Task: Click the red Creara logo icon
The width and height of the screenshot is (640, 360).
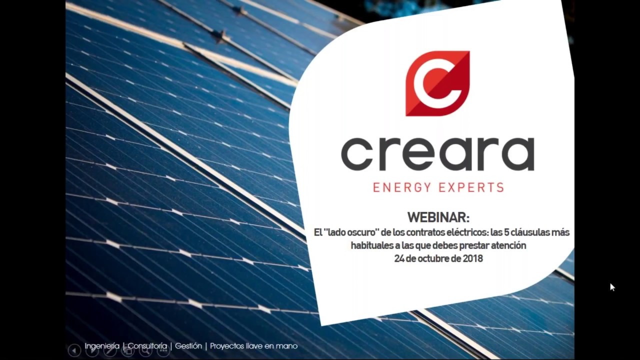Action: pyautogui.click(x=437, y=83)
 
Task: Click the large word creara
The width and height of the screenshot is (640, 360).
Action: pyautogui.click(x=437, y=154)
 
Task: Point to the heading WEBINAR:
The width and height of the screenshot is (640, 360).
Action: pyautogui.click(x=438, y=217)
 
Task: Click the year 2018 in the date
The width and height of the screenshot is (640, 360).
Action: pyautogui.click(x=472, y=258)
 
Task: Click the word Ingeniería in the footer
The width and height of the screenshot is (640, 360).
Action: pyautogui.click(x=102, y=346)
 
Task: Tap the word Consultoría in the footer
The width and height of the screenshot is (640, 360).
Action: pyautogui.click(x=147, y=346)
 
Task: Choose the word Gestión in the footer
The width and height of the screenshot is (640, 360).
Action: pyautogui.click(x=188, y=346)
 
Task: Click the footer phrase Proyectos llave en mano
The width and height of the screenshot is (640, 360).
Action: pyautogui.click(x=253, y=346)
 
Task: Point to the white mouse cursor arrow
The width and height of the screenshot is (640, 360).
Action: pyautogui.click(x=612, y=287)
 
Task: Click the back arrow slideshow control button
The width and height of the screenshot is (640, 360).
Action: pyautogui.click(x=74, y=350)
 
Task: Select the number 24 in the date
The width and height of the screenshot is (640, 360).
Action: pyautogui.click(x=399, y=258)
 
